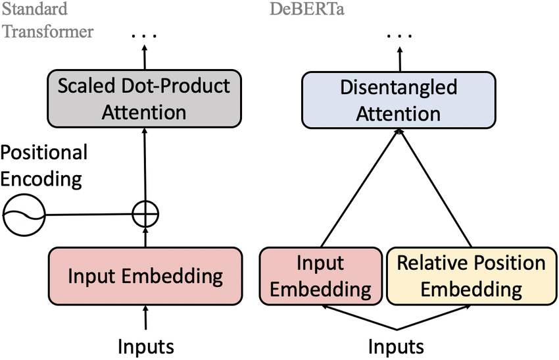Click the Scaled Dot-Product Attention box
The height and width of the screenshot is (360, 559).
click(145, 99)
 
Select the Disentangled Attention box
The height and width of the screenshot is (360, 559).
click(398, 100)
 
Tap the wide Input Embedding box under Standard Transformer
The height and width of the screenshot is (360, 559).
click(145, 276)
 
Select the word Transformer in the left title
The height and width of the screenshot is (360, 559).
click(47, 31)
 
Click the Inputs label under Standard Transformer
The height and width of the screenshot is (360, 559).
click(145, 346)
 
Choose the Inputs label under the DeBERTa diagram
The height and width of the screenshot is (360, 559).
click(396, 346)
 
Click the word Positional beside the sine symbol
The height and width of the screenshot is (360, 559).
click(43, 153)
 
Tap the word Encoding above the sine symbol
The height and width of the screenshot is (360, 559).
click(41, 179)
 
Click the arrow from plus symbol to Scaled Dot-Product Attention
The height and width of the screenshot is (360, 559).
click(145, 165)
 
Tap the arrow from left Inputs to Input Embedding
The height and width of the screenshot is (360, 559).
click(145, 319)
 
